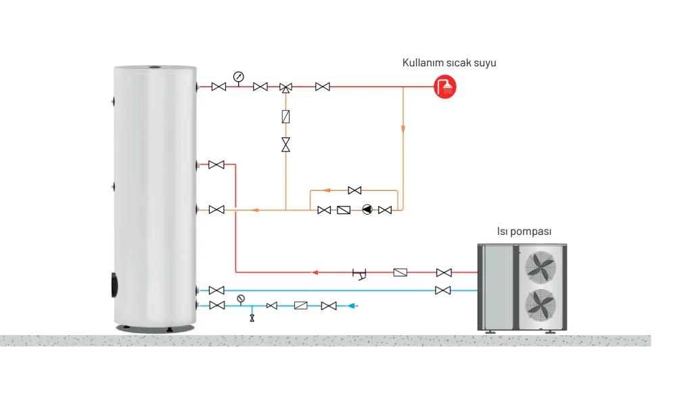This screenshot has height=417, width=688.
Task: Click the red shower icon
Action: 445,87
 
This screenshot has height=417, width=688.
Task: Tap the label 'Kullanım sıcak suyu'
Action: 449,63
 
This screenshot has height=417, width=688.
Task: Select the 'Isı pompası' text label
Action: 524,232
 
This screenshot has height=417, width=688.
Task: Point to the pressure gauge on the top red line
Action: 238,76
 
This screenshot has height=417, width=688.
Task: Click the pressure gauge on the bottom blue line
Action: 240,299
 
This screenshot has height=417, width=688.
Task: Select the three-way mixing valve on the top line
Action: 285,87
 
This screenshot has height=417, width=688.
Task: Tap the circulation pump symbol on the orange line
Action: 367,210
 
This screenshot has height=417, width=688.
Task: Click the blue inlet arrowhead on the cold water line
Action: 352,306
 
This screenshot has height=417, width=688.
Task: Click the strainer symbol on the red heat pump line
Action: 360,273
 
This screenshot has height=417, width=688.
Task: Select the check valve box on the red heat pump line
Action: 400,272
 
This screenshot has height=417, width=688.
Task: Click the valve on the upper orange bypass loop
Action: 354,190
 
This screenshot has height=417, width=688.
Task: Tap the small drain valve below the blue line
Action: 252,317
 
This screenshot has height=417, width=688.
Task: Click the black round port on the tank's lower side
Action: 113,284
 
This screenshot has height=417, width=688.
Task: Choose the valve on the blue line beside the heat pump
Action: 444,290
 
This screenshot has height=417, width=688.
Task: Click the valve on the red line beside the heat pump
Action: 444,272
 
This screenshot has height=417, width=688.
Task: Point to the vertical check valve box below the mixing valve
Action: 285,116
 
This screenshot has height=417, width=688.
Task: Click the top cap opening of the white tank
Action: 155,68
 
